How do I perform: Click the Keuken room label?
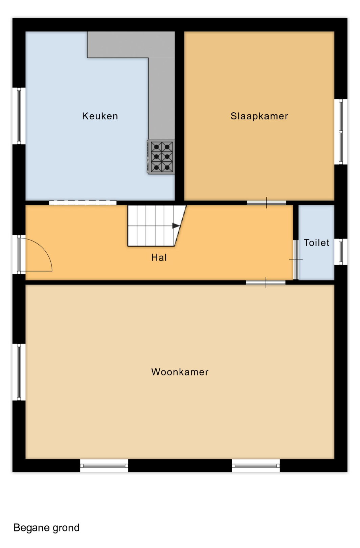click(x=100, y=116)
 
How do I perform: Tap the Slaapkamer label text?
click(x=259, y=116)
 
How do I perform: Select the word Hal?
click(x=159, y=257)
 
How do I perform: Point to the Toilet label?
click(x=316, y=243)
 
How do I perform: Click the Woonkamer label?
click(x=180, y=372)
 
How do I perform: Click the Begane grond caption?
click(x=46, y=528)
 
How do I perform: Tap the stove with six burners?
click(x=161, y=157)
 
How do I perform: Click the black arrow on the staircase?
click(x=176, y=226)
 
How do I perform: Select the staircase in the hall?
click(x=157, y=226)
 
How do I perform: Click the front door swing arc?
click(x=44, y=247)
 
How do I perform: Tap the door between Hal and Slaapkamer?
click(x=267, y=203)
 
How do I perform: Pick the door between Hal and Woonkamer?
click(x=266, y=283)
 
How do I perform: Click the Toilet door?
click(x=296, y=259)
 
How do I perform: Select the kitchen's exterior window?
click(x=19, y=116)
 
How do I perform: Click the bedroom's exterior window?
click(x=341, y=132)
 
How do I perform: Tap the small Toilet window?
click(x=341, y=252)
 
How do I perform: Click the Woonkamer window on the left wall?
click(x=19, y=372)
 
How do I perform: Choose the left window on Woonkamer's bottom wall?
click(x=104, y=465)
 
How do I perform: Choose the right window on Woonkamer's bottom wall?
click(x=256, y=465)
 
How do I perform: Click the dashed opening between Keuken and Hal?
click(x=83, y=203)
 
